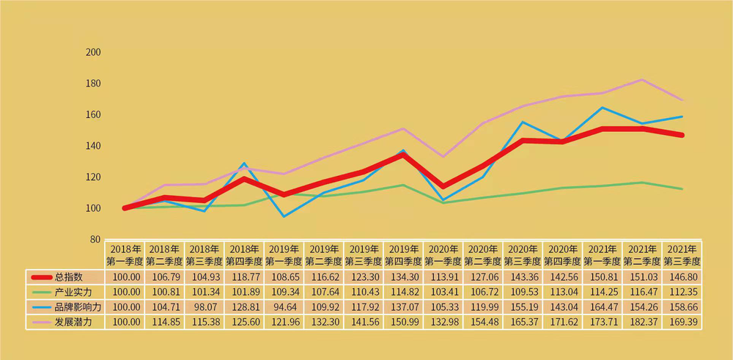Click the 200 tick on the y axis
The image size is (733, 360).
click(93, 53)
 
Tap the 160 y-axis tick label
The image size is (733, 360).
click(93, 115)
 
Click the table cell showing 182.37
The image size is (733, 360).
click(642, 323)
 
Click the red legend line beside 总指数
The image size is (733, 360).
click(40, 277)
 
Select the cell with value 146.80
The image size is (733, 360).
click(682, 277)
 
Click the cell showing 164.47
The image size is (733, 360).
click(603, 307)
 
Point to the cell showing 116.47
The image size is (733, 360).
click(642, 293)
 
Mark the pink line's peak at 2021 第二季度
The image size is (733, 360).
click(642, 79)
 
